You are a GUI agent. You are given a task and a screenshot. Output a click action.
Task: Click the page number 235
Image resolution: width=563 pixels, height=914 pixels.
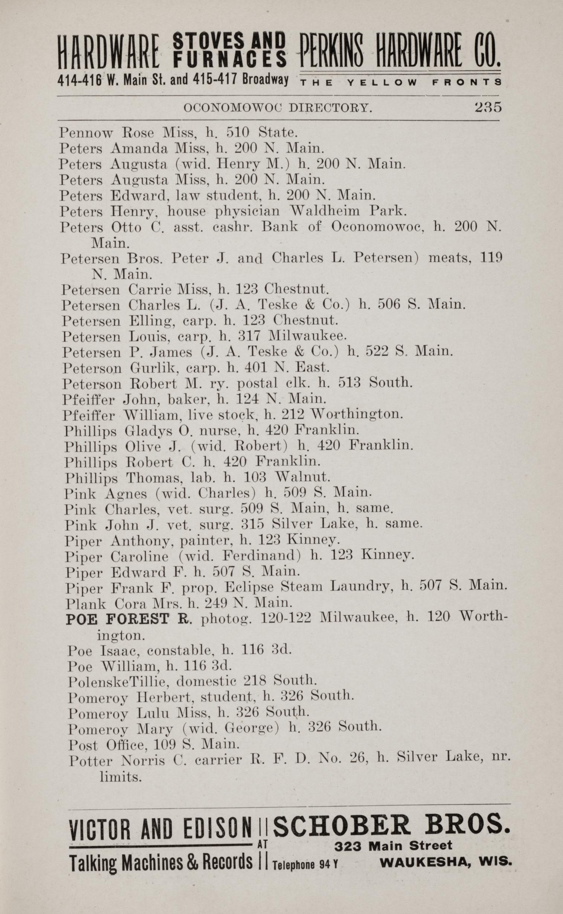pos(488,107)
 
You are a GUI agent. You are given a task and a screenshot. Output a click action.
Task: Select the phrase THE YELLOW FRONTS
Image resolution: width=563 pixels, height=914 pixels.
pos(400,83)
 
